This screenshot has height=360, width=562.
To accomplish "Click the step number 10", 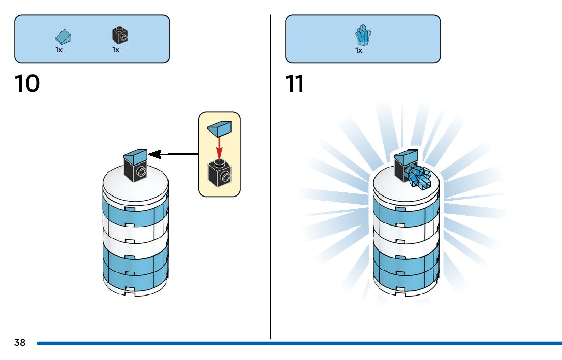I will click(27, 84).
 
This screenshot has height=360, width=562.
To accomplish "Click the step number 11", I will click(295, 84).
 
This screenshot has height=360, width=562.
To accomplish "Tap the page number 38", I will click(20, 343).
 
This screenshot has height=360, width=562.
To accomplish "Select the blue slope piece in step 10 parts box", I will click(64, 37).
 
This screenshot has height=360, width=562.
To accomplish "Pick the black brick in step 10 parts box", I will click(119, 36).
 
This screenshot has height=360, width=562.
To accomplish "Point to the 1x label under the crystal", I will click(359, 50).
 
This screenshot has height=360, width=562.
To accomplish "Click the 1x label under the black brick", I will click(116, 50).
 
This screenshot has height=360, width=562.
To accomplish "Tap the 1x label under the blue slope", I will click(59, 50).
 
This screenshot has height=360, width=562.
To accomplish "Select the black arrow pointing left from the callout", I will click(173, 154).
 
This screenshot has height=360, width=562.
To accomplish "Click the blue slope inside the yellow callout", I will click(220, 129).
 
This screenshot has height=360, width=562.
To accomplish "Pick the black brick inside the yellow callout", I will click(219, 174).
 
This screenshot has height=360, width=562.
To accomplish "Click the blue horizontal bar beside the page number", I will click(300, 344).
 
